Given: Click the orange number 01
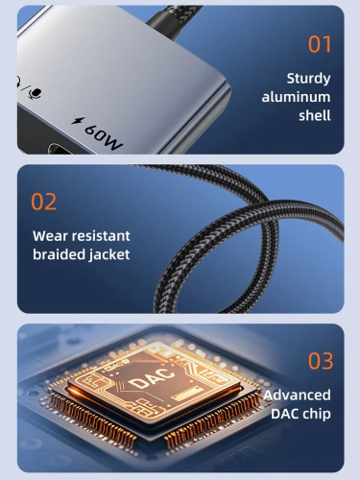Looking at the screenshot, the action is tap(320, 44).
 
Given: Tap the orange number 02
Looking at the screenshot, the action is tap(44, 202).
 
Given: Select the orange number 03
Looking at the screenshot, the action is tap(321, 361).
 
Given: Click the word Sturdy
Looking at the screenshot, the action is tap(308, 79).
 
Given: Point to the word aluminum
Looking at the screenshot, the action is tap(296, 97).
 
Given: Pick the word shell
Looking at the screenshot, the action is tap(315, 115).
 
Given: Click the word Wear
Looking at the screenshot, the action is tap(50, 236).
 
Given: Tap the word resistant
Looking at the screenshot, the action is tap(101, 236).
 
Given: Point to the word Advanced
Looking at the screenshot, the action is tap(298, 396).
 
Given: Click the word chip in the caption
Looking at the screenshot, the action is tap(317, 414).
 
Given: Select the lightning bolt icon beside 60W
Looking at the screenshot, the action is tap(79, 121).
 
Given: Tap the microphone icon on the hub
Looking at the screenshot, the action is tap(35, 93).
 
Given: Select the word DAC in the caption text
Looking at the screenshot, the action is tap(285, 414).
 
